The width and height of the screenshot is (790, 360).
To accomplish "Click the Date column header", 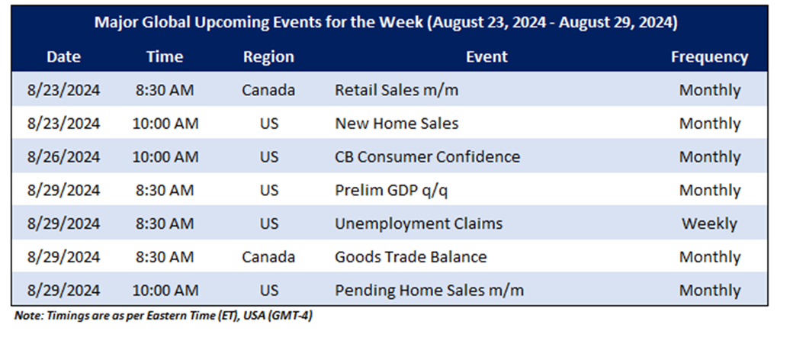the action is click(63, 56).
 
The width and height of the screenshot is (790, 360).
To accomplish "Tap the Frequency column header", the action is click(709, 56).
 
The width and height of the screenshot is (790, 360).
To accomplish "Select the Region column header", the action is click(268, 56).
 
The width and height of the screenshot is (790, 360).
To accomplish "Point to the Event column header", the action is click(487, 56).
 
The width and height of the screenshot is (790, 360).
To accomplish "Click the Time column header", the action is click(165, 56).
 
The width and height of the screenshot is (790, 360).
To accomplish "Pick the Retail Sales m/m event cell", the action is click(397, 90).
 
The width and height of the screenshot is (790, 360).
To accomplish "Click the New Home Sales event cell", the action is click(397, 123).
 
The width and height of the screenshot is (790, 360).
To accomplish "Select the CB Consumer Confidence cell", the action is click(427, 156).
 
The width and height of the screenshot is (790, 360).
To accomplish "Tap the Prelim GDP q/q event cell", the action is click(391, 190).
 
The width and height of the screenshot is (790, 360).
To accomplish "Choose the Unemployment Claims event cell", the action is click(419, 223).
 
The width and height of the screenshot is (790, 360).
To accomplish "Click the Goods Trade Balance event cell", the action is click(410, 256).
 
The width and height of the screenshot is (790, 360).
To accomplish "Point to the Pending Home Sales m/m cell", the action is click(429, 290).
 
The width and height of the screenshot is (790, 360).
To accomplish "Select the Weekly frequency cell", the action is click(709, 223).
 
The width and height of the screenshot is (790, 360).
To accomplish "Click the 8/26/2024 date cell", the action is click(63, 157).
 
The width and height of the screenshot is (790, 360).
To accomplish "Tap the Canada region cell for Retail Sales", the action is click(268, 90).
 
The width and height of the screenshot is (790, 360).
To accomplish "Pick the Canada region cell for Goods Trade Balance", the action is click(268, 256).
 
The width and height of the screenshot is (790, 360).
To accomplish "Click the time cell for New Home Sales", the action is click(165, 124).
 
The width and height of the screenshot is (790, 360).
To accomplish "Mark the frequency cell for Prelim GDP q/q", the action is click(709, 190).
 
